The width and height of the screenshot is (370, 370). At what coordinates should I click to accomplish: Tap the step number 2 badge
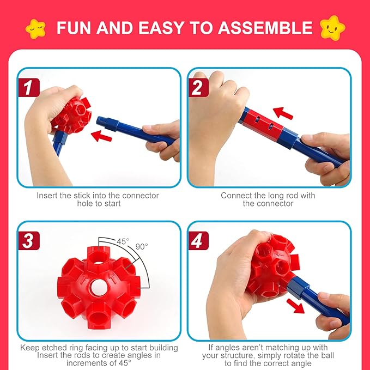[198, 87]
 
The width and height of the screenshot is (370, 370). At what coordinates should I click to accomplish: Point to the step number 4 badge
[198, 240]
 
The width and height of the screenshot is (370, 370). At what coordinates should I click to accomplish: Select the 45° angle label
[123, 241]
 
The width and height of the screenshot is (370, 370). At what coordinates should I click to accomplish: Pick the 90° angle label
[141, 246]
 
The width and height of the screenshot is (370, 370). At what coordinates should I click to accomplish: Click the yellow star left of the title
[36, 27]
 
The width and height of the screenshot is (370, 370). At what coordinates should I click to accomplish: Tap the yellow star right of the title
[332, 27]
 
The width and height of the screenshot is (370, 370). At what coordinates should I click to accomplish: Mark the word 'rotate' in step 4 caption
[292, 355]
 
